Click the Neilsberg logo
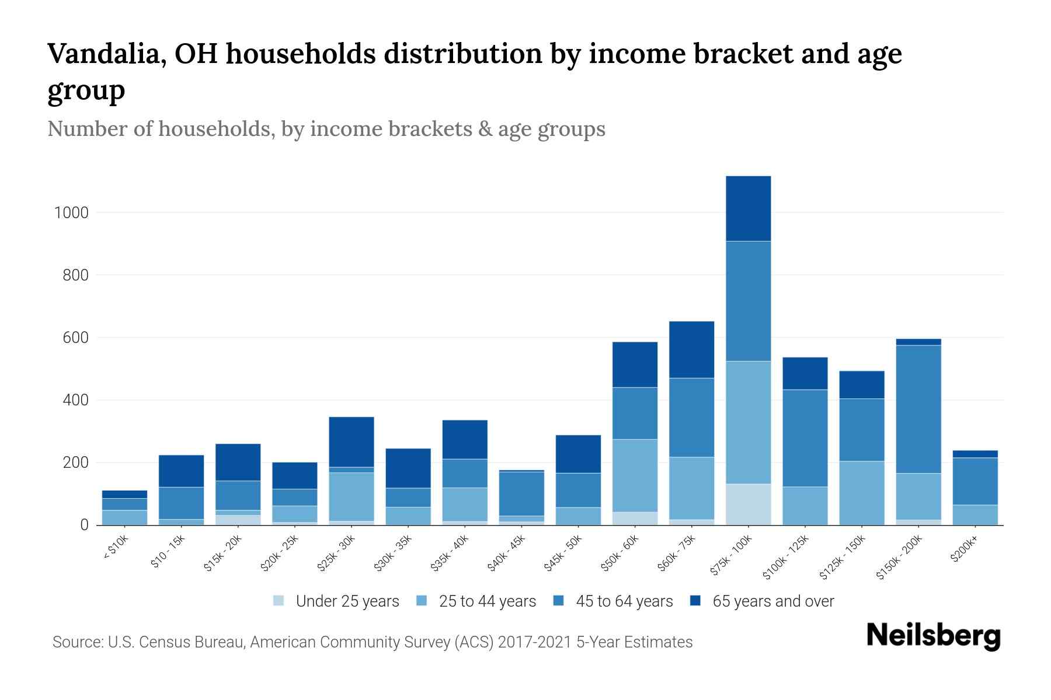click(933, 636)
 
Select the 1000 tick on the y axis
click(71, 213)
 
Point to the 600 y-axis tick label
click(75, 338)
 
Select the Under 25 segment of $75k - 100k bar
click(748, 505)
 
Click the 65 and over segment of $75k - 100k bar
click(748, 208)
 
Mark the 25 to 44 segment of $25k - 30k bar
click(352, 496)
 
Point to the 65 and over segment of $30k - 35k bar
click(408, 468)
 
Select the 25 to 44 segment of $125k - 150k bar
click(862, 493)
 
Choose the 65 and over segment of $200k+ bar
click(975, 454)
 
